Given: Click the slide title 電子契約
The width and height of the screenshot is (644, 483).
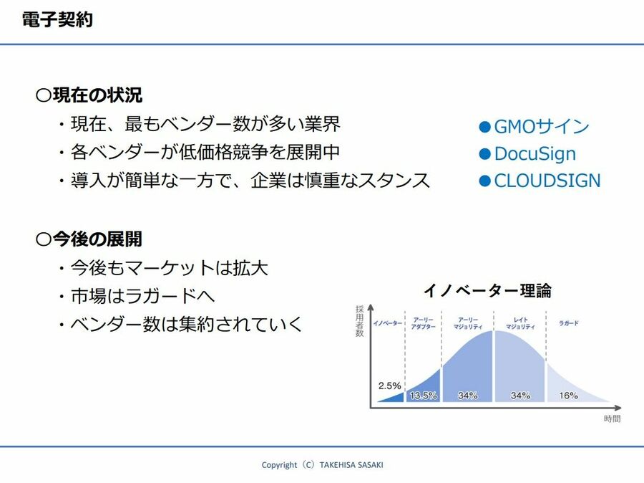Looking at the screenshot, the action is tap(57, 19).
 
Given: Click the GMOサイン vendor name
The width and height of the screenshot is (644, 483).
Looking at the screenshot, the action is tap(542, 126).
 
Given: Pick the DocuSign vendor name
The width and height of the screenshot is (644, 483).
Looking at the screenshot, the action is tap(535, 153).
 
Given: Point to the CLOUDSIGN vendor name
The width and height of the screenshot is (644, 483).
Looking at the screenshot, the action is tap(547, 181).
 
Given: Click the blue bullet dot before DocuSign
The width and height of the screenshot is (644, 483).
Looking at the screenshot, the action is tap(485, 154).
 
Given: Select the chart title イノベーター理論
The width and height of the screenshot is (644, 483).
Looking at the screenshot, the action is tap(487, 290).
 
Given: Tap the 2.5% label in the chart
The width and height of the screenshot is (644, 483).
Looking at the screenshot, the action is tap(389, 386).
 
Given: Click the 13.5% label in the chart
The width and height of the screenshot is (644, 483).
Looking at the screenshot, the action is tap(424, 396).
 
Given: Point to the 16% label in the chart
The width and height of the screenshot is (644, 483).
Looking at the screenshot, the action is tap(568, 396).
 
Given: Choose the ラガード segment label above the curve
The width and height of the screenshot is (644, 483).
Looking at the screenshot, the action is tap(568, 323).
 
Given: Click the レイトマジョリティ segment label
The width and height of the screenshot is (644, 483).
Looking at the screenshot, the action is tap(520, 323).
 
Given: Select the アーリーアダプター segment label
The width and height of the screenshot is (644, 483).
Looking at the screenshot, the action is tap(424, 323).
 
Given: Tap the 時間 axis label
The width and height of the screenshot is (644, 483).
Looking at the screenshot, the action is tap(612, 419).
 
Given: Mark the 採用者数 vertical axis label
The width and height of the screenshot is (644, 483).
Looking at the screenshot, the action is tap(359, 321).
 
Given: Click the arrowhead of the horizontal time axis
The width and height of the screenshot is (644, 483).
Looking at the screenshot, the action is tap(618, 408).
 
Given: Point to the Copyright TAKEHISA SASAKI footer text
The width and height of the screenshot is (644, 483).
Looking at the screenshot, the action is tap(323, 465).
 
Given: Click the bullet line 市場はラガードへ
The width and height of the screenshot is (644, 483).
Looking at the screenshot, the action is tap(142, 296).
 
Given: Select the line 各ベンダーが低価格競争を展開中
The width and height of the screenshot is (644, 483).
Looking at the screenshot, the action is tap(205, 152).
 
